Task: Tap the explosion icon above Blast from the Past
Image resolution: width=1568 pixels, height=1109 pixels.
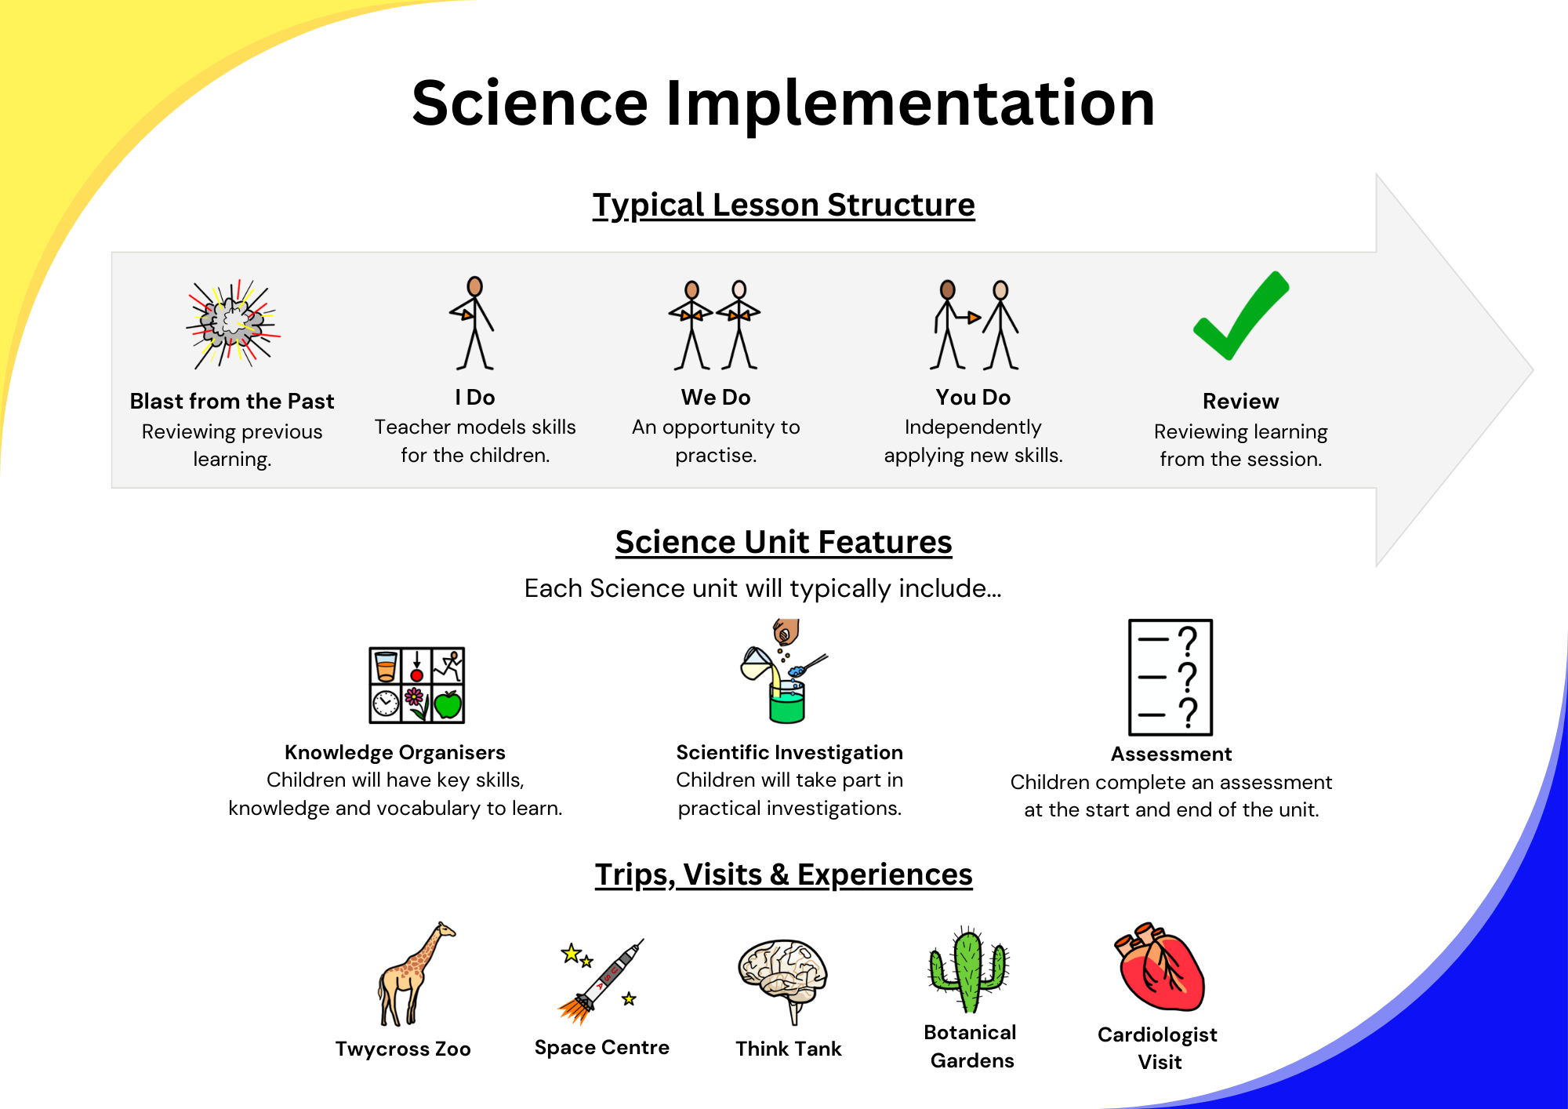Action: pyautogui.click(x=232, y=324)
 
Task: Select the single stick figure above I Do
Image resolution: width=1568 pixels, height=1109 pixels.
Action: pyautogui.click(x=473, y=322)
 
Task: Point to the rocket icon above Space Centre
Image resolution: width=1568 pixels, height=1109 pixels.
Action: pyautogui.click(x=601, y=982)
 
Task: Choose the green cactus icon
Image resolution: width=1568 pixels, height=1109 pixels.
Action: pyautogui.click(x=969, y=970)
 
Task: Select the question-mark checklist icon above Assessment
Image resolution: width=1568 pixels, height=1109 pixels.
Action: pyautogui.click(x=1171, y=678)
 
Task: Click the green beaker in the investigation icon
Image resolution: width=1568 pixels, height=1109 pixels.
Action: pyautogui.click(x=787, y=701)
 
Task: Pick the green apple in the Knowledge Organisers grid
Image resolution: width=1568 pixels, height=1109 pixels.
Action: pyautogui.click(x=448, y=704)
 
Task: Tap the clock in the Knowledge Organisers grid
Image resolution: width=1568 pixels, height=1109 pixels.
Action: pyautogui.click(x=386, y=704)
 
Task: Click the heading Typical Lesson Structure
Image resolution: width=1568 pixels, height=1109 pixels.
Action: pyautogui.click(x=784, y=205)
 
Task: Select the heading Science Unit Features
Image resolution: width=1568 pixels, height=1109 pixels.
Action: pyautogui.click(x=784, y=542)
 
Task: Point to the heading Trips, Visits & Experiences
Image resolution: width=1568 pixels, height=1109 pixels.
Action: pyautogui.click(x=784, y=874)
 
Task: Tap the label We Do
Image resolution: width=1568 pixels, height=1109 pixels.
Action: pyautogui.click(x=716, y=398)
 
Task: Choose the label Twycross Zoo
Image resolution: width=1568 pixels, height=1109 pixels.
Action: pyautogui.click(x=403, y=1049)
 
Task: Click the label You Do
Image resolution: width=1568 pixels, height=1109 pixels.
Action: pyautogui.click(x=973, y=398)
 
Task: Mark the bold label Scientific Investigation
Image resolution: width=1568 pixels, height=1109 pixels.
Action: pyautogui.click(x=789, y=753)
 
